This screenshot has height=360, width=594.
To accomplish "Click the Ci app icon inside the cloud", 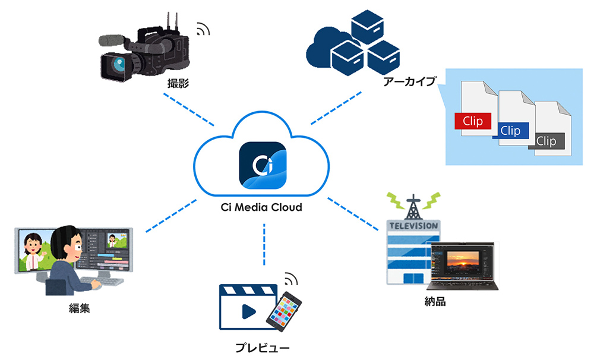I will coord(263,165).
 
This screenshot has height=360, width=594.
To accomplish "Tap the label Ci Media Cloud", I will coord(263,207).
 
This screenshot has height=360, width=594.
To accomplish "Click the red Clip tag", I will coord(473,121).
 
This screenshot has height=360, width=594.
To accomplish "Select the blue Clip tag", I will coord(510,131).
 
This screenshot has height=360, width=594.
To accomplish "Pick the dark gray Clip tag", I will coord(546,141).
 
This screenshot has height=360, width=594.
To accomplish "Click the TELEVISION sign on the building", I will coord(412,225).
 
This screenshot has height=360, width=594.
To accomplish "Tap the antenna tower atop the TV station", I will coord(411,203).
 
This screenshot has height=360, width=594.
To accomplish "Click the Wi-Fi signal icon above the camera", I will coord(203,29).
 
